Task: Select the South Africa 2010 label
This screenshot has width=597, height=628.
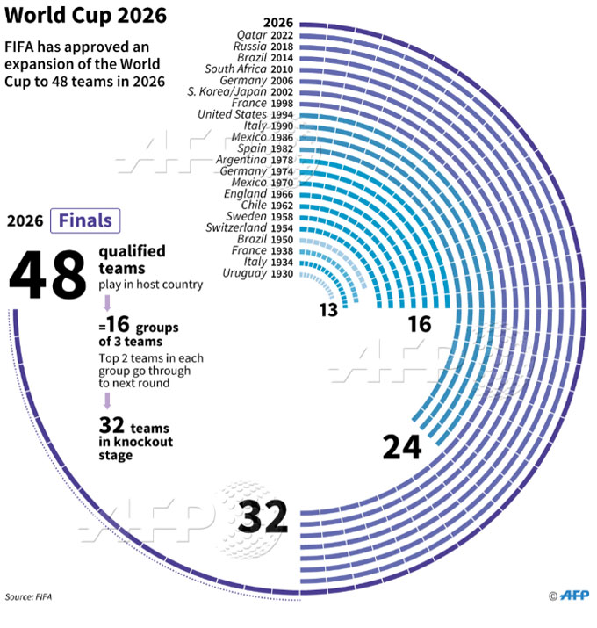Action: (249, 69)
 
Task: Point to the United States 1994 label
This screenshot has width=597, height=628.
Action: (246, 114)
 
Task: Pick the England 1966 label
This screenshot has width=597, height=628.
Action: (258, 193)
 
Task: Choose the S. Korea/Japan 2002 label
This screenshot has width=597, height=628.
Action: (241, 91)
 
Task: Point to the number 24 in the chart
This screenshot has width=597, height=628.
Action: (402, 446)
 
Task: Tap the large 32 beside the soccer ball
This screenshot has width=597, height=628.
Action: (264, 516)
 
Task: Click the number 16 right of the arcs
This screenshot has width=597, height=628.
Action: (420, 323)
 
